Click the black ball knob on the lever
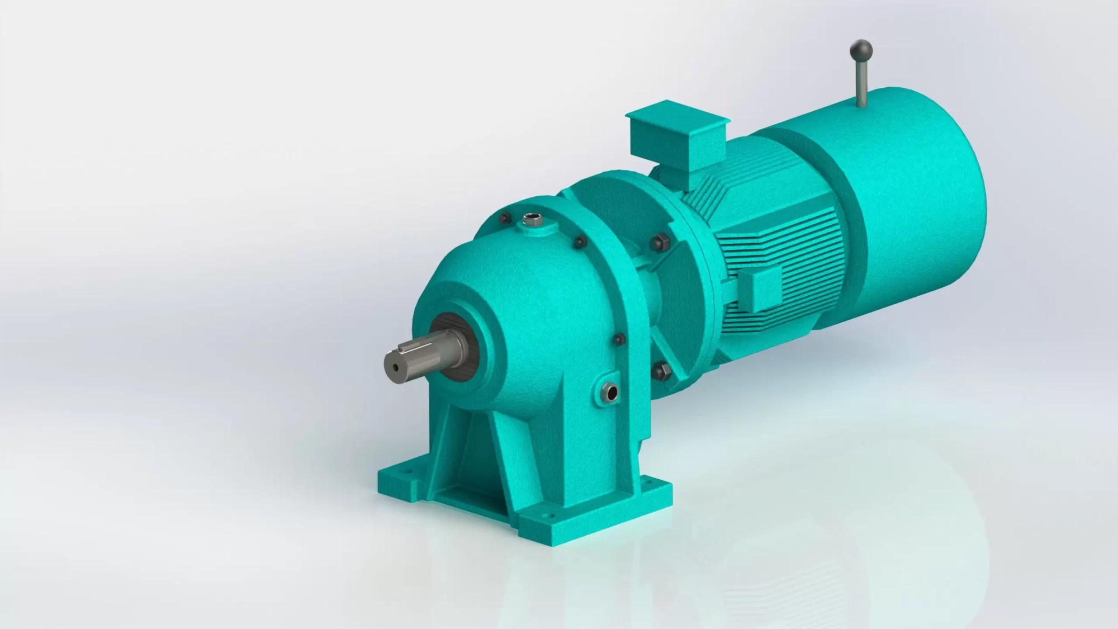click(x=858, y=49)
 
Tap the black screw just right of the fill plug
click(x=580, y=242)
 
